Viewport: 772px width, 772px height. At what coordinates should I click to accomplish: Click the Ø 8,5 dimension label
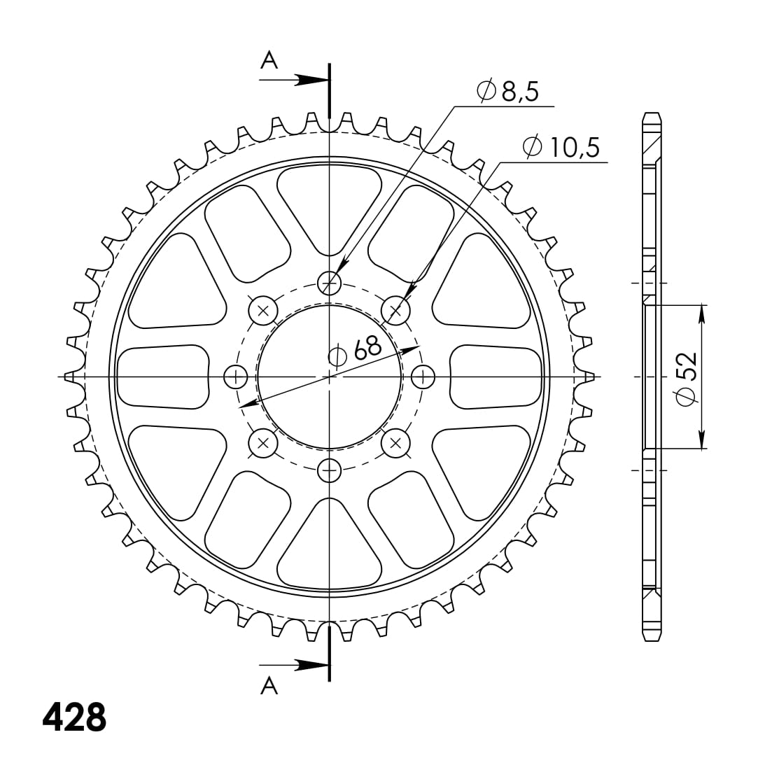click(507, 92)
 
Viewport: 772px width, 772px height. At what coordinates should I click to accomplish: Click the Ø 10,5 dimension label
click(561, 147)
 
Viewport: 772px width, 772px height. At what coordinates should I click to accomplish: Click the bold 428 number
click(75, 717)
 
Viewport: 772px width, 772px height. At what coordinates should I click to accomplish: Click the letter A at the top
click(269, 62)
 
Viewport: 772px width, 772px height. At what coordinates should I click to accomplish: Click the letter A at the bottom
click(269, 687)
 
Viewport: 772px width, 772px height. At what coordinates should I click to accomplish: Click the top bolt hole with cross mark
click(329, 283)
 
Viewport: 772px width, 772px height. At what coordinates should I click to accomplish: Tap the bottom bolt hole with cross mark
click(329, 470)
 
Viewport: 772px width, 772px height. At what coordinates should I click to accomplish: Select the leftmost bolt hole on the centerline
click(235, 377)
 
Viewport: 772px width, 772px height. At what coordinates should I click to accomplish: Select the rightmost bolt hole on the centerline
click(422, 377)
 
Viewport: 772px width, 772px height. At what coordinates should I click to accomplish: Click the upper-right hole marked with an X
click(395, 309)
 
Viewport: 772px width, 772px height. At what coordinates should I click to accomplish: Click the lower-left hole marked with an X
click(263, 442)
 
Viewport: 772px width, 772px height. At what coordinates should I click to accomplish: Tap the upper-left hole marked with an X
click(263, 309)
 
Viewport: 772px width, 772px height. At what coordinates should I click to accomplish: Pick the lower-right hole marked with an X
click(395, 442)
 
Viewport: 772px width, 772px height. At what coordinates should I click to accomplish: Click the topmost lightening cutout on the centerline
click(329, 206)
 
